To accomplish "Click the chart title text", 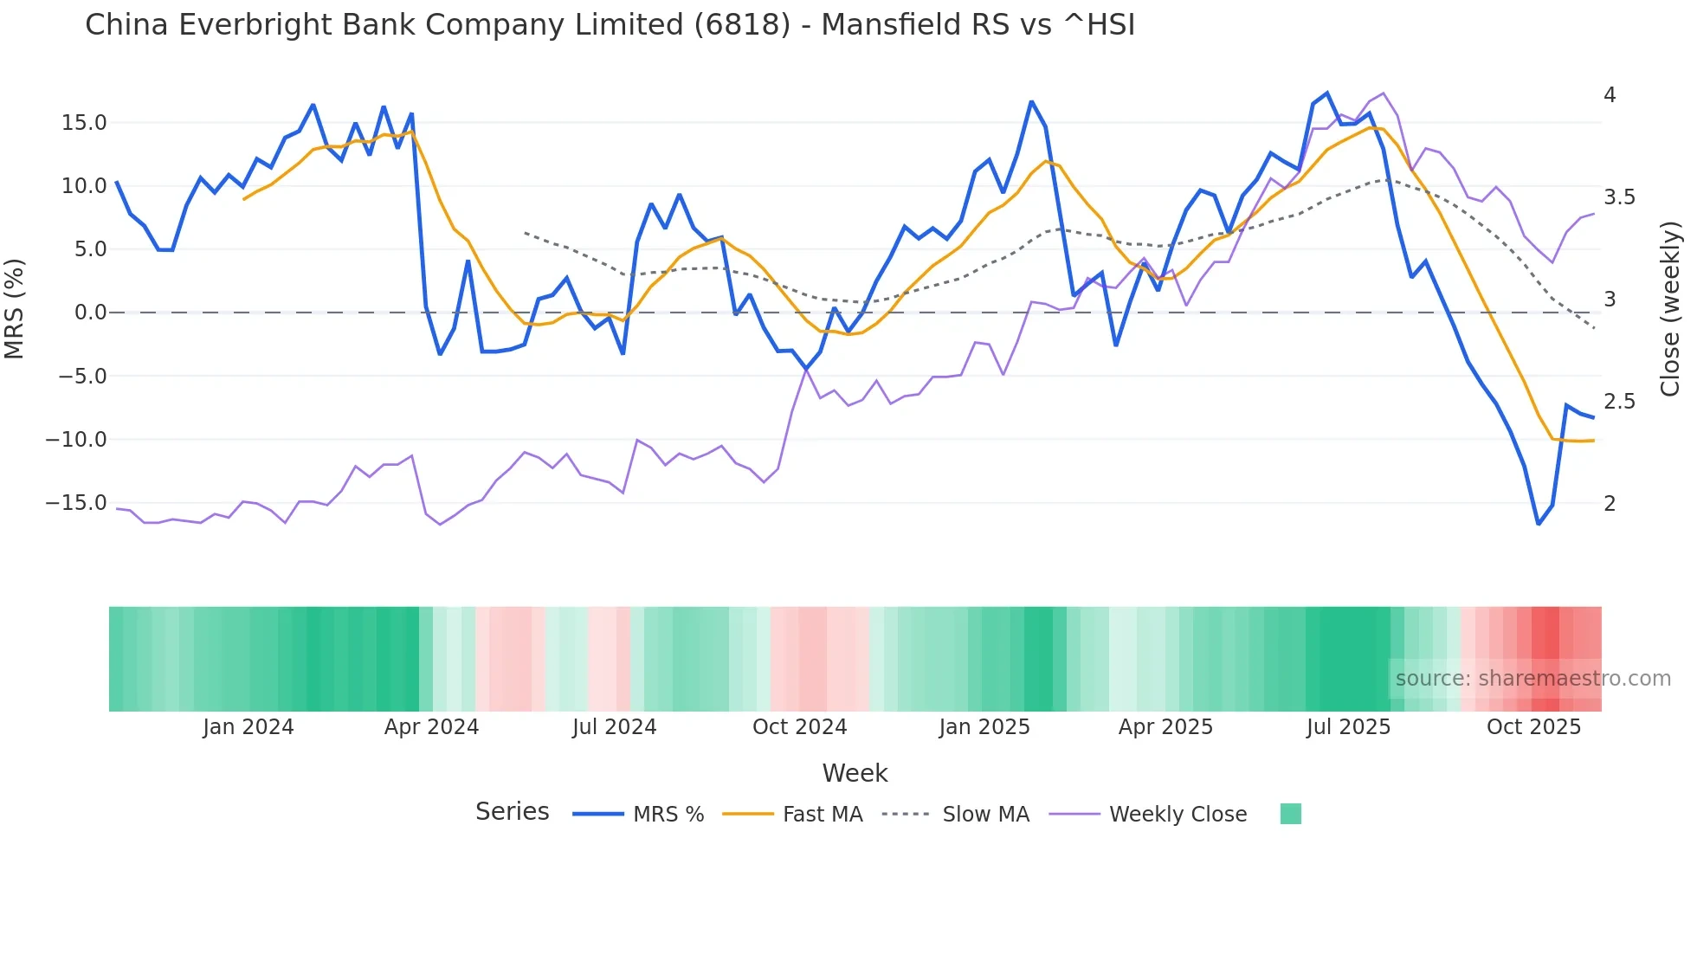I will tap(610, 25).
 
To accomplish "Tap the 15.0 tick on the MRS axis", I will tap(84, 123).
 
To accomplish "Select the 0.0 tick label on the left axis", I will tap(90, 313).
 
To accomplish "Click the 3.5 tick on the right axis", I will tap(1619, 197).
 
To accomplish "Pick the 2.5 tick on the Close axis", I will tap(1619, 402).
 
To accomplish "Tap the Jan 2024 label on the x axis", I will tap(248, 727).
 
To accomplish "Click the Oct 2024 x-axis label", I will tap(799, 727).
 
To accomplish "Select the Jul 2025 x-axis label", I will tap(1348, 727).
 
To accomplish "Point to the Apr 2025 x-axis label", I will tap(1165, 727).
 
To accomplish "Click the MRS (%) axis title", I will tap(15, 308).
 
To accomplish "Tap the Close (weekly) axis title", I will tap(1670, 308).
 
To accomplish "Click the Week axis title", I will tap(855, 773).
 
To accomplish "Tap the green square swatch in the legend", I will tap(1290, 814).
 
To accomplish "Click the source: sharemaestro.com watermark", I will tap(1532, 679).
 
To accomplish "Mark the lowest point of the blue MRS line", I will tap(1539, 524).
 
